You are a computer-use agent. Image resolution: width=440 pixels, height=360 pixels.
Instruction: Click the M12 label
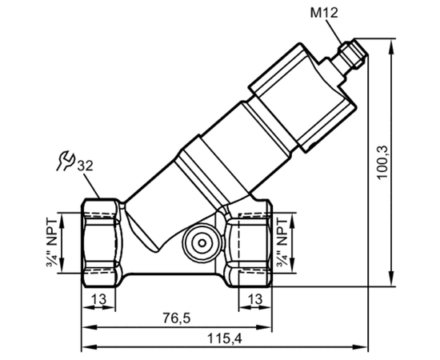(324, 13)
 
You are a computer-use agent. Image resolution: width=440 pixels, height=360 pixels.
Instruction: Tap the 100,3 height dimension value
(382, 162)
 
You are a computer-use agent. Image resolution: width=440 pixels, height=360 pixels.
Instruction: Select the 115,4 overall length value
(224, 338)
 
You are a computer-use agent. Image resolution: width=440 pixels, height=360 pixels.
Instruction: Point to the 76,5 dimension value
(177, 318)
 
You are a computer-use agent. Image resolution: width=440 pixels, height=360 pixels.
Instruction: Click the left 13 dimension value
(99, 299)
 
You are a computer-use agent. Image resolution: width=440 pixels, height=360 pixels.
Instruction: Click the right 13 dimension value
(254, 299)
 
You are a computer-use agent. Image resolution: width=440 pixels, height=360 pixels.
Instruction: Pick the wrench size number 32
(85, 166)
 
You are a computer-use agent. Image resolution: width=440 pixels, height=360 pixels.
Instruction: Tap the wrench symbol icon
(65, 161)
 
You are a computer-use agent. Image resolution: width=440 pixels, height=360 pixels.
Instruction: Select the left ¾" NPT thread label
(53, 243)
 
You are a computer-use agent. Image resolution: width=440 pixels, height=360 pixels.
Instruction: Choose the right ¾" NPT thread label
(282, 243)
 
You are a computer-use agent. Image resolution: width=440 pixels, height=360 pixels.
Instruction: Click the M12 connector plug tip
(353, 54)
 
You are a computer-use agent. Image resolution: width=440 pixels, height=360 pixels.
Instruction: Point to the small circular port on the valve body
(202, 243)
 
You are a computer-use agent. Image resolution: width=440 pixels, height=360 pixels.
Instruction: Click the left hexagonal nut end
(102, 243)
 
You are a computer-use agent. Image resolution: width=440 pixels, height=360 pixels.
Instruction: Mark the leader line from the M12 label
(334, 32)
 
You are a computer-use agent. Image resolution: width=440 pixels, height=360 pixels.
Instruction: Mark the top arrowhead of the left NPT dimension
(62, 220)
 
